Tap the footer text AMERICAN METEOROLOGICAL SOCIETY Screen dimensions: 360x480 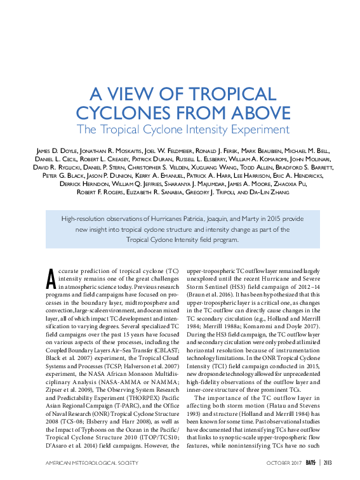coord(91,463)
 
